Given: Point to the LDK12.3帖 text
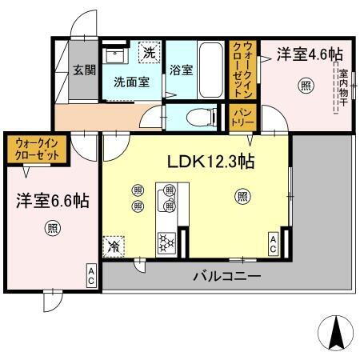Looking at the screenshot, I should click(210, 162).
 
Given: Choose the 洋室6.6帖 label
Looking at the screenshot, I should click(48, 201).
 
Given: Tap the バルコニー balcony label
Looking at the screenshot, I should click(226, 277).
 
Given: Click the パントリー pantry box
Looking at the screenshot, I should click(243, 117).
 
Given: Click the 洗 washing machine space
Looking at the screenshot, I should click(149, 54).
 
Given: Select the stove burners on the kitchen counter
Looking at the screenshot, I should click(168, 240).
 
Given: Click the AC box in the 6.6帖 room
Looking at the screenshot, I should click(91, 277).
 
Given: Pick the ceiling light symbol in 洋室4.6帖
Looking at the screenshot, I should click(305, 86).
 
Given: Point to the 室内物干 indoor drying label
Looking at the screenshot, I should click(342, 89).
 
